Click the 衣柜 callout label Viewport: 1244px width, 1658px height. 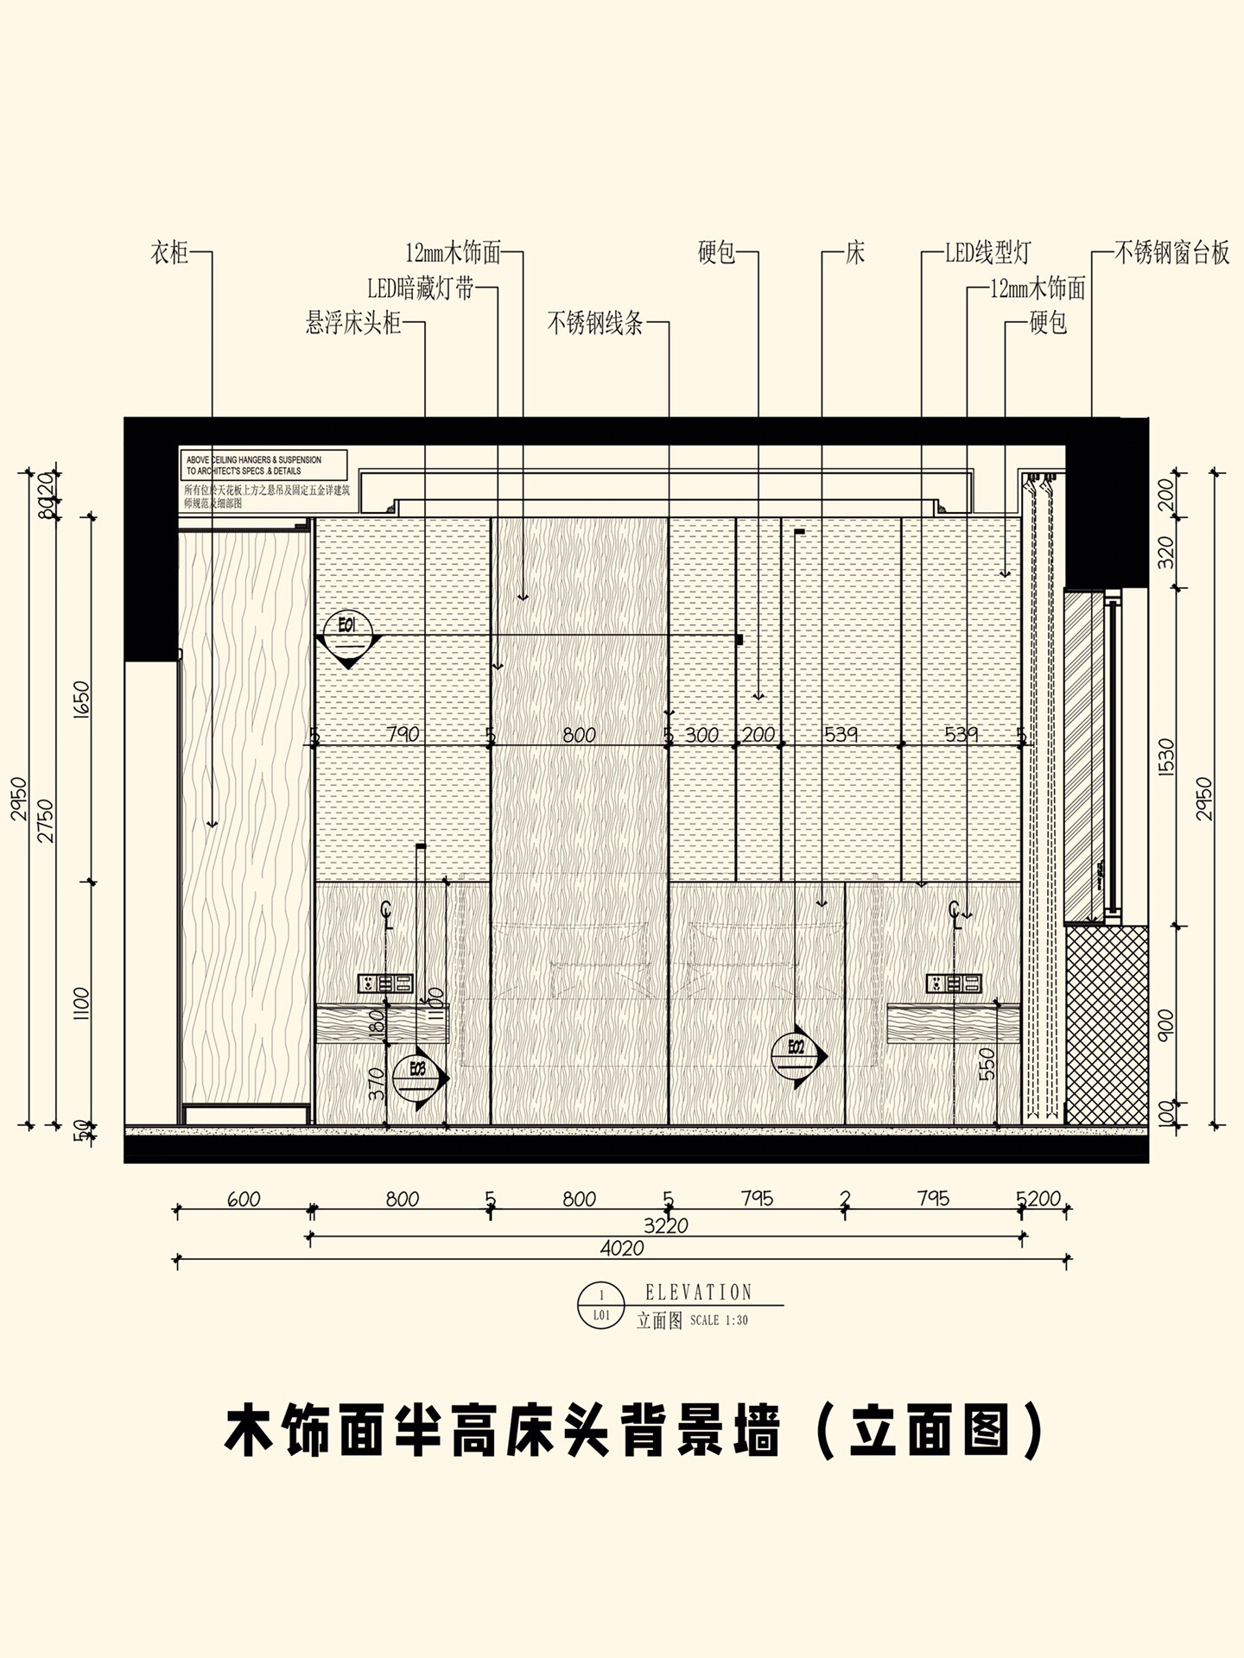(168, 253)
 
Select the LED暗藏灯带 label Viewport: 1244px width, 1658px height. (420, 288)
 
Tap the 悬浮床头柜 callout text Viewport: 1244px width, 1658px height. (353, 324)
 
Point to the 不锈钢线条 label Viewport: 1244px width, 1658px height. (595, 324)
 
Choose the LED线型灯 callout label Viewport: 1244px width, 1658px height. (987, 253)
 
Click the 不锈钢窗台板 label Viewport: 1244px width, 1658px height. (1171, 253)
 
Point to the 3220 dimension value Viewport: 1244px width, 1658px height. (665, 1225)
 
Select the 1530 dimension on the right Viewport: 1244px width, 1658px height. (1166, 757)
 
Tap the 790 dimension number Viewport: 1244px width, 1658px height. (403, 734)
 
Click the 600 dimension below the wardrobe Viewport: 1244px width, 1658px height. (244, 1199)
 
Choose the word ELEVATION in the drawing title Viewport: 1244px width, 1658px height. (699, 1292)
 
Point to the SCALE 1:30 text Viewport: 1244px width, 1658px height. (720, 1320)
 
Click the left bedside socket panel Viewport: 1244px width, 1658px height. (385, 982)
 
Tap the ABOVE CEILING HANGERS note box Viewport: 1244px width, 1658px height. (263, 465)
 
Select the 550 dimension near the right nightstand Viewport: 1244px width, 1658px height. (989, 1063)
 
